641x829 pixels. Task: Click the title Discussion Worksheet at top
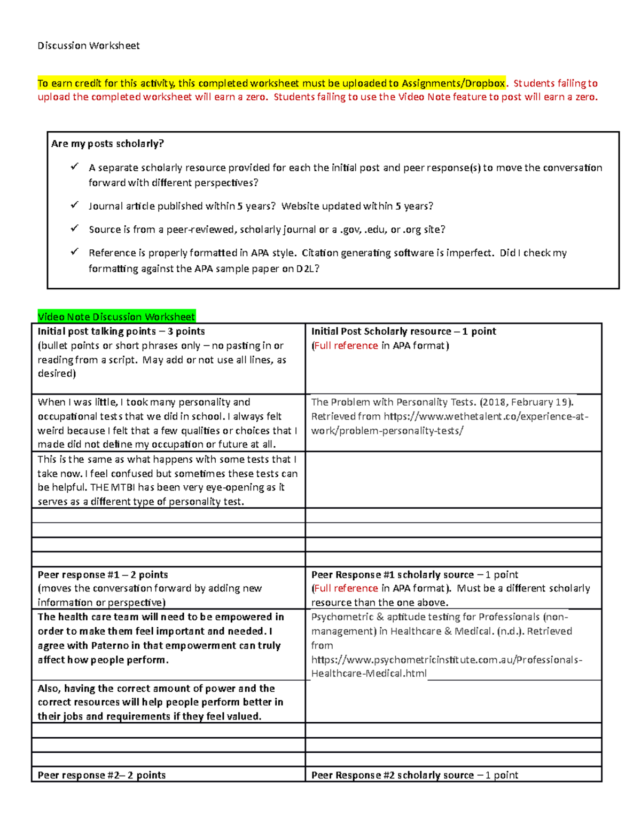click(88, 46)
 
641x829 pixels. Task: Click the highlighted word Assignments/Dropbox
click(453, 83)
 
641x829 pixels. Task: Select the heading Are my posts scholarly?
click(107, 144)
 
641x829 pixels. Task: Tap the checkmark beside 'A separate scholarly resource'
click(74, 167)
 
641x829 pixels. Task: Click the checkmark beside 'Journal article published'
click(74, 205)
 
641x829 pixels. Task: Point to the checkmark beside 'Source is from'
click(74, 228)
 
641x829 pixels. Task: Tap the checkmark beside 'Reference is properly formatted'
click(74, 252)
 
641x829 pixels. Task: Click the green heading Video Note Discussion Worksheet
click(116, 317)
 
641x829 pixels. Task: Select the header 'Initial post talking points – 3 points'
click(121, 331)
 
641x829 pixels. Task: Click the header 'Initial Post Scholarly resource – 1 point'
click(403, 331)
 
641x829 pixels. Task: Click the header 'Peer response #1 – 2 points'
click(103, 575)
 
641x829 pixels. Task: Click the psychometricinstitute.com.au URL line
click(447, 660)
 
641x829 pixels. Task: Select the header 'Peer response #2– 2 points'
click(101, 775)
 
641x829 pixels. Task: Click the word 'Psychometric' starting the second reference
click(342, 617)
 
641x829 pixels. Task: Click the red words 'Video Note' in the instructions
click(424, 97)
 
